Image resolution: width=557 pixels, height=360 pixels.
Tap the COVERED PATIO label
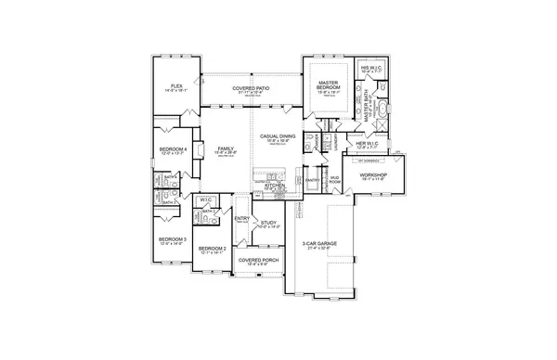tap(249, 88)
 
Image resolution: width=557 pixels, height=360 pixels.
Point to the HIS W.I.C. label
tap(369, 67)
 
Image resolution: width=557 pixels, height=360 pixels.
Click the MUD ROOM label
tap(334, 179)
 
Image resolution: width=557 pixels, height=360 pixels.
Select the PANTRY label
tap(312, 180)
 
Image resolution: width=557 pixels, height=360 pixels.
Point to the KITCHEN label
tap(275, 185)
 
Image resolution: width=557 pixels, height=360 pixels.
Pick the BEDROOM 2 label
tap(213, 248)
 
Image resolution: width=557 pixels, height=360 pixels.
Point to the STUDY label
tap(268, 223)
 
